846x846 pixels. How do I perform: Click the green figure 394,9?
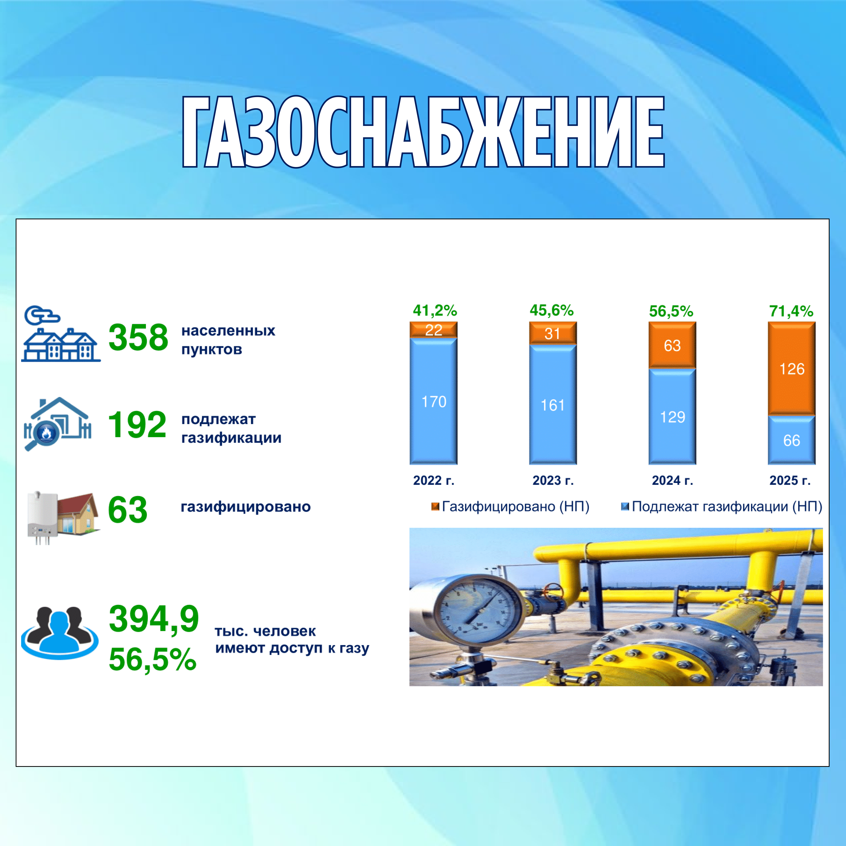(154, 619)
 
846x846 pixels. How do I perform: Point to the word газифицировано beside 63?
(246, 507)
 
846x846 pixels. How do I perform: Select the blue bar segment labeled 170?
(434, 401)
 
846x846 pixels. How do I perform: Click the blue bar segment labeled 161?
(553, 405)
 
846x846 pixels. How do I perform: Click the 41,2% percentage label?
(435, 310)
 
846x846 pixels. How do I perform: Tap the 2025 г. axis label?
(790, 480)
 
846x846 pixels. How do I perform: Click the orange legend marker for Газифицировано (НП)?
(435, 507)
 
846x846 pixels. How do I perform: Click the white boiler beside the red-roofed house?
(42, 517)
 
